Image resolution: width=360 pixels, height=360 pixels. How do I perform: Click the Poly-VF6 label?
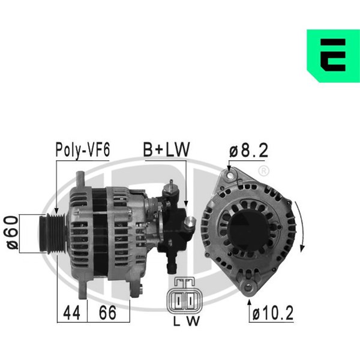[x=82, y=149]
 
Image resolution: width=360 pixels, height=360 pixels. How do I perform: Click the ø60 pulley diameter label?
[x=11, y=232]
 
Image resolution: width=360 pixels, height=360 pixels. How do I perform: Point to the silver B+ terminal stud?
[x=190, y=225]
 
